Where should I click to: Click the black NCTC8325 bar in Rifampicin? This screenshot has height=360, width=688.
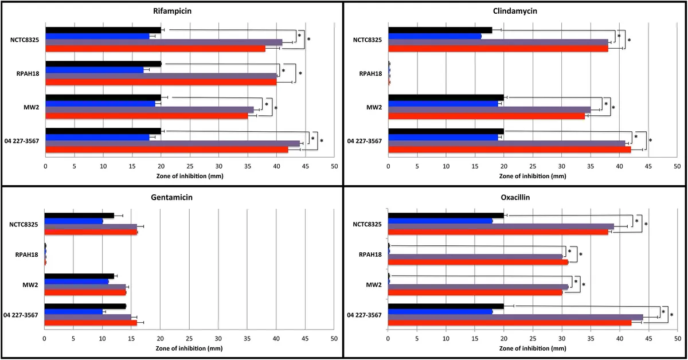(103, 30)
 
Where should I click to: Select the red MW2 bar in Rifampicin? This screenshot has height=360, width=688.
(147, 116)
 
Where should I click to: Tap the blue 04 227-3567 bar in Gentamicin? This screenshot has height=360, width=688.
(73, 311)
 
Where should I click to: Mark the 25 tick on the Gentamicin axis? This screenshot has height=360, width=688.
(189, 339)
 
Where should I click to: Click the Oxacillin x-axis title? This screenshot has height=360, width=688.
(533, 349)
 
